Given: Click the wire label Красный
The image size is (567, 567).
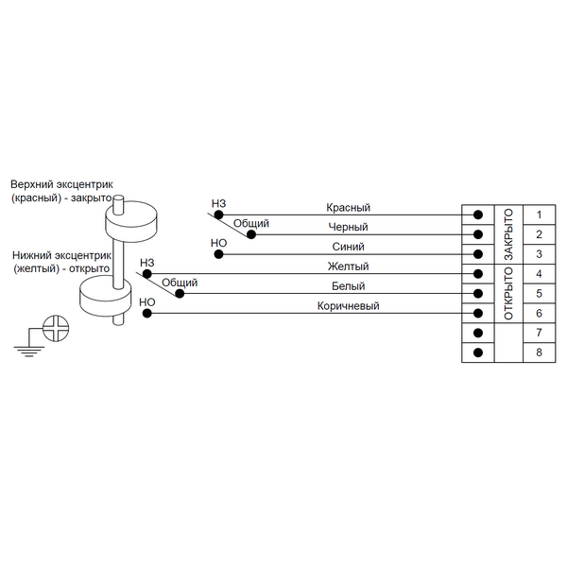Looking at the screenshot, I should click(348, 207).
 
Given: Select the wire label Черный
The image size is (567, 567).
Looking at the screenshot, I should click(348, 227).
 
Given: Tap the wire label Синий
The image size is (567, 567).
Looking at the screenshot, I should click(348, 247).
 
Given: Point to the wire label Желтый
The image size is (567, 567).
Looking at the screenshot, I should click(348, 266).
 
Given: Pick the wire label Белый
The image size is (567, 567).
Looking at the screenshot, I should click(348, 285).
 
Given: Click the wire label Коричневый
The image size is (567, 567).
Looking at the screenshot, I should click(348, 305).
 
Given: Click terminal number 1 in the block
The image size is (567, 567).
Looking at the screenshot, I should click(538, 215).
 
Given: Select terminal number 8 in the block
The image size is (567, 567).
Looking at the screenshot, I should click(538, 352).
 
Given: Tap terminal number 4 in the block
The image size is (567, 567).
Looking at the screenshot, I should click(538, 274).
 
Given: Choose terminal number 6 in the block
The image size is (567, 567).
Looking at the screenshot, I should click(538, 313).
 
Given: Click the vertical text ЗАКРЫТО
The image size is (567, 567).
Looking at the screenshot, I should click(508, 233).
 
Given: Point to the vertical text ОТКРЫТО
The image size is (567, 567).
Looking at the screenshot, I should click(508, 293).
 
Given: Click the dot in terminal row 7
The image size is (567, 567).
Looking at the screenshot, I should click(478, 334).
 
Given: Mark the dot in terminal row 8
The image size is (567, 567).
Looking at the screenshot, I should click(478, 352).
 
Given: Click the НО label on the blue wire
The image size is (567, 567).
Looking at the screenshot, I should click(218, 243).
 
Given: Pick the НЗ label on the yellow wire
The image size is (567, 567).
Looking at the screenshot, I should click(146, 263).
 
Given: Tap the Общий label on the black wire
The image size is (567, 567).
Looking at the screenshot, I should click(251, 224).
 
